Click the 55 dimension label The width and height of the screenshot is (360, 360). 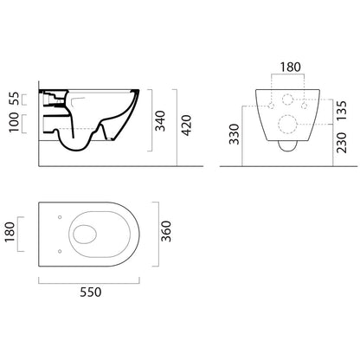(14, 99)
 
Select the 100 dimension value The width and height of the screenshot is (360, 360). (14, 123)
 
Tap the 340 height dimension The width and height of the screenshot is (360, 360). (160, 120)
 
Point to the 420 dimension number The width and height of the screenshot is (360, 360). (187, 125)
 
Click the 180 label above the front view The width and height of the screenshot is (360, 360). (291, 67)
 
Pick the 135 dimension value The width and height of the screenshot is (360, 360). (342, 111)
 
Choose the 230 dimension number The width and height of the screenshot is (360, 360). (342, 143)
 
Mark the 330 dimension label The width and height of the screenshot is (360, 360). (235, 134)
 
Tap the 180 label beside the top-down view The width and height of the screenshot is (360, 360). (10, 232)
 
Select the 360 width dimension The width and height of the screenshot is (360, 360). (166, 231)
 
